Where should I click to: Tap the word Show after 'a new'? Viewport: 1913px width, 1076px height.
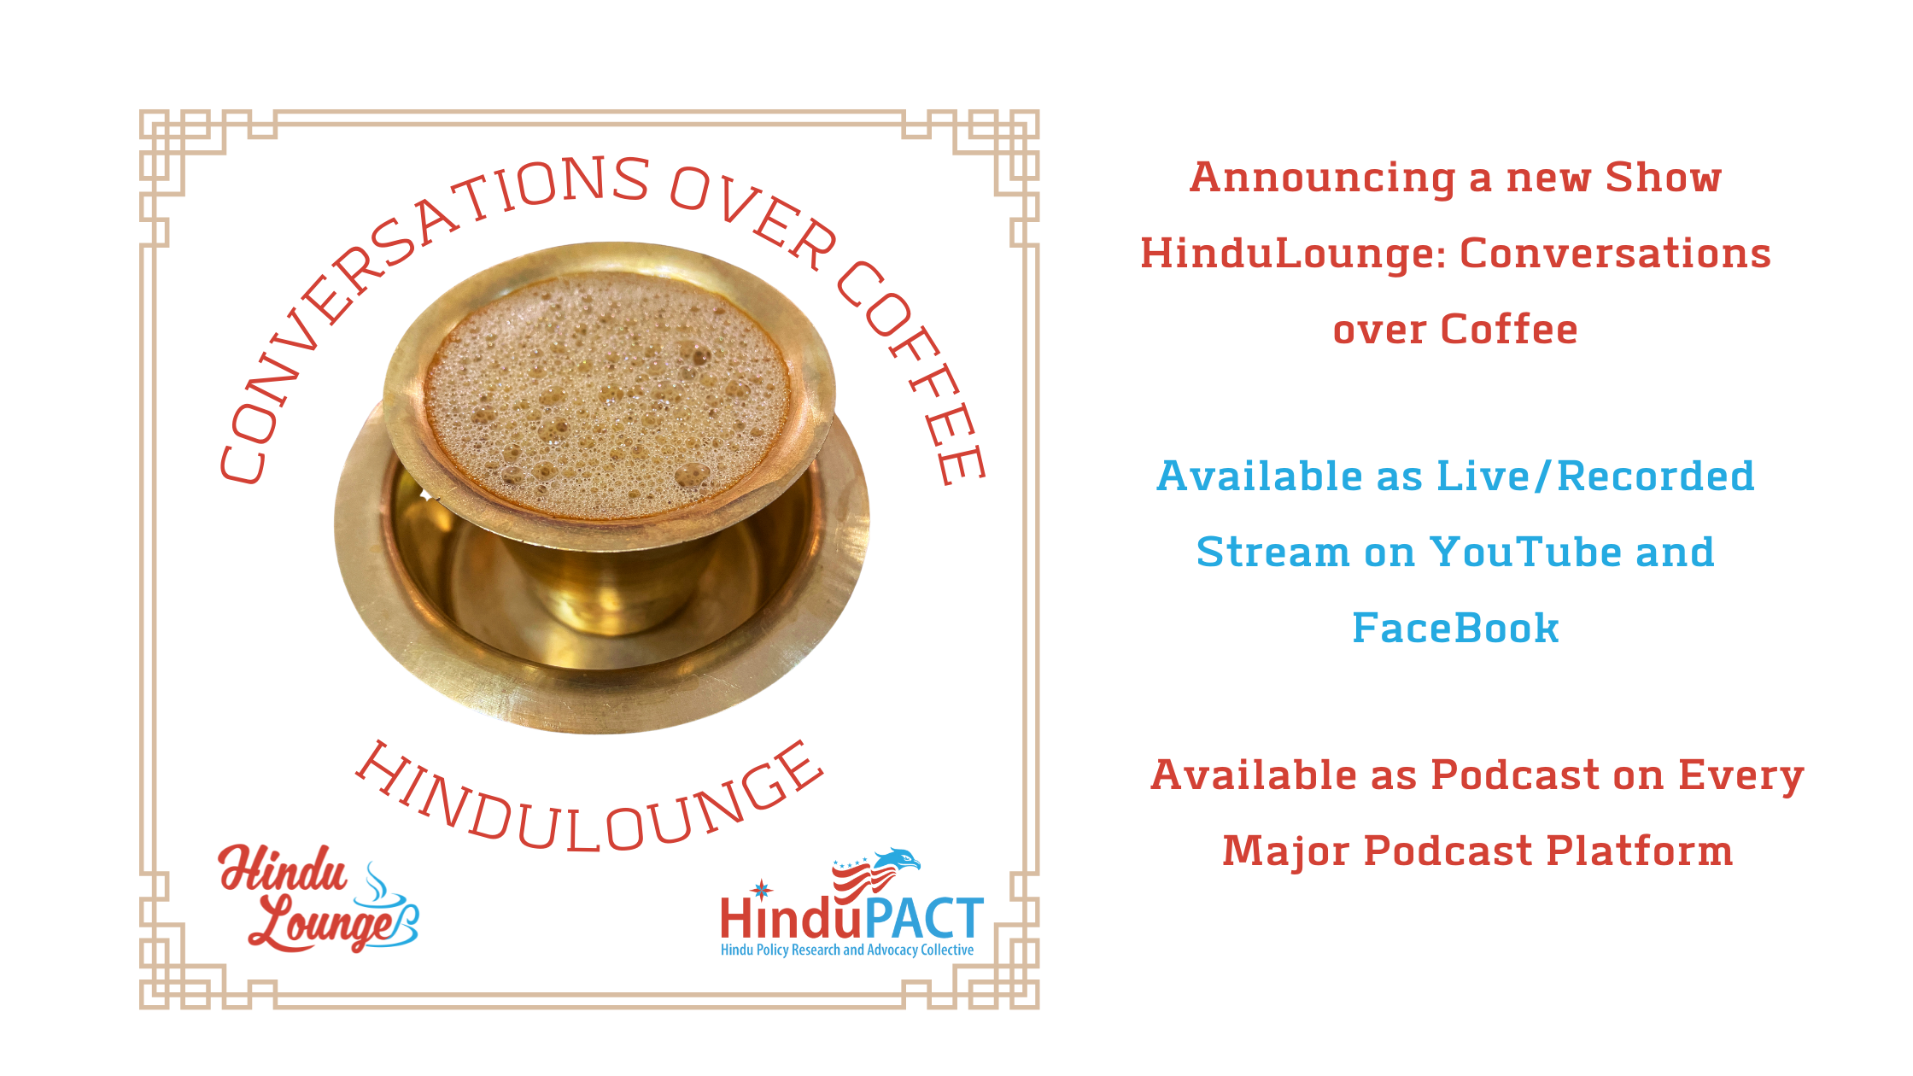tap(1664, 177)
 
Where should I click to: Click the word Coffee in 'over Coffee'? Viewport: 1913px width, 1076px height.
tap(1509, 330)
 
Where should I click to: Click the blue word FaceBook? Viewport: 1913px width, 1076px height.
tap(1455, 629)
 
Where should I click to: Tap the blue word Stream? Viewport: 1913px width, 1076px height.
tap(1272, 553)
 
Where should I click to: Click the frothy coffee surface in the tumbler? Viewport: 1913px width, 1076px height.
tap(608, 395)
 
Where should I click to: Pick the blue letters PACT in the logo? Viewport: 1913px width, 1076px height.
tap(924, 919)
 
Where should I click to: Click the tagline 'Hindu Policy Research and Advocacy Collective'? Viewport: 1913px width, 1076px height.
tap(847, 950)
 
